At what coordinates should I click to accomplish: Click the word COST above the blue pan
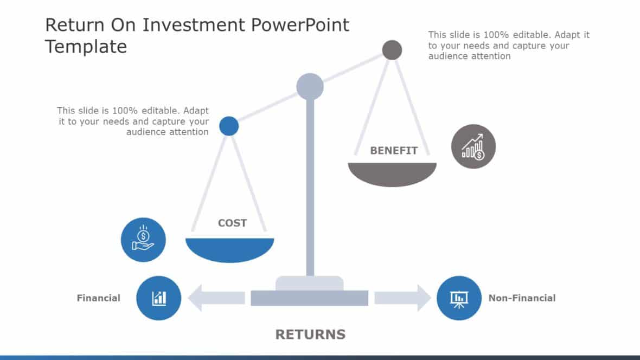pos(232,223)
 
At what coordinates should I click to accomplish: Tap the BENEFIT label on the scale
pos(394,151)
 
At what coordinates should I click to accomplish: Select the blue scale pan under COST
pos(230,249)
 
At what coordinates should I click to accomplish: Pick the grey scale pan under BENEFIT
pos(392,174)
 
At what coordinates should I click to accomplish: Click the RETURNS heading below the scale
pos(310,335)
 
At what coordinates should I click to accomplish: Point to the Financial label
pos(98,298)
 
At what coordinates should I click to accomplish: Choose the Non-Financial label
pos(522,298)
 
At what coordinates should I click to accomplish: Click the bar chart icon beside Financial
pos(158,298)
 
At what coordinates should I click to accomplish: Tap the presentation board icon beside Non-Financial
pos(459,298)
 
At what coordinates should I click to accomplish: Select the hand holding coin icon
pos(143,240)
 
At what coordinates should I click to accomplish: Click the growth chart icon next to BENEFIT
pos(473,146)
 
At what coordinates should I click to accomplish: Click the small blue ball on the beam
pos(229,126)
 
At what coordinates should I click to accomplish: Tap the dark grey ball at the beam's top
pos(392,50)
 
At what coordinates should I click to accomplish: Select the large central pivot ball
pos(310,86)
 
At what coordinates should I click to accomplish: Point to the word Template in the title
pos(86,47)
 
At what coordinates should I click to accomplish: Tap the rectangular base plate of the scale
pos(309,298)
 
